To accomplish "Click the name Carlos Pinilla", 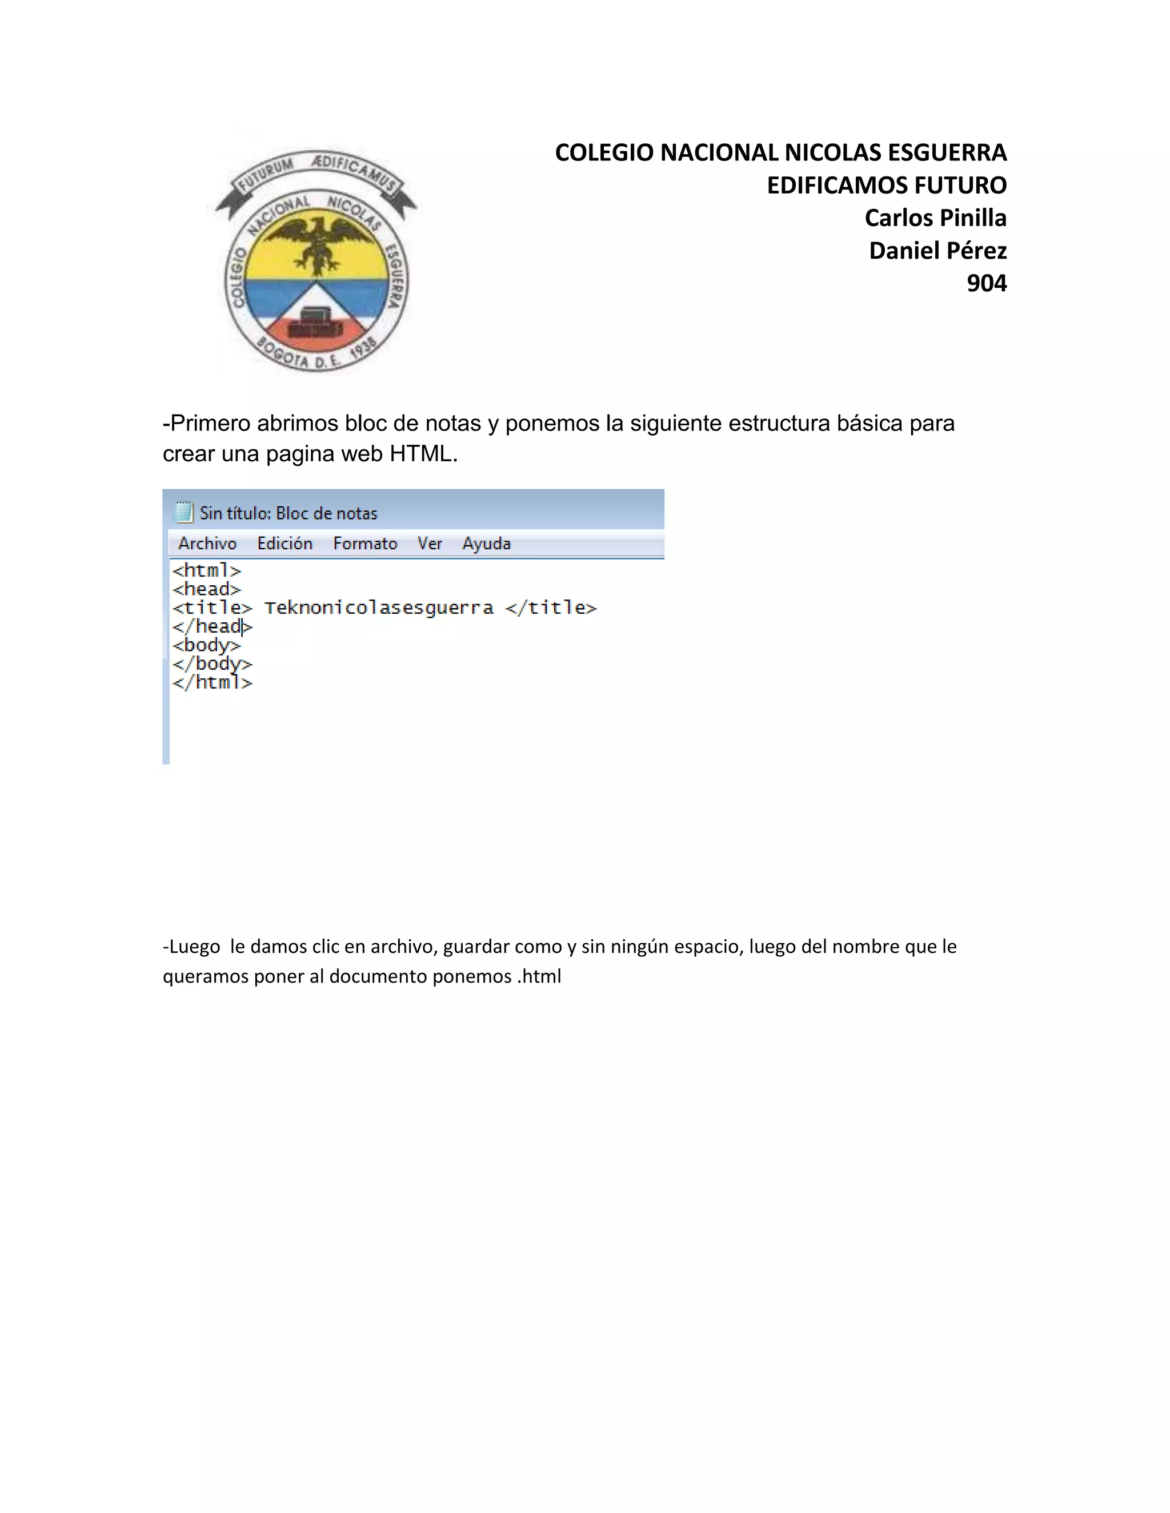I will [935, 218].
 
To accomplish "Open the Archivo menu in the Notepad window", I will [207, 544].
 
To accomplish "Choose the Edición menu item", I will [285, 544].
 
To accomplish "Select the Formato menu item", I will [364, 544].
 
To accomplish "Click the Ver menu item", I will [430, 544].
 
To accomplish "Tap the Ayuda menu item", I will [487, 544].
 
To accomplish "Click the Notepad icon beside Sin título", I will [184, 512].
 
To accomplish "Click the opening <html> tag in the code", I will [207, 571].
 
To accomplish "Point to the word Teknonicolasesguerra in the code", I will [378, 608].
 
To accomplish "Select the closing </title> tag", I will [551, 608].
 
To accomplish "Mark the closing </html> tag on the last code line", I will [212, 683].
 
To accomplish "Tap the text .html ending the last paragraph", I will [539, 976].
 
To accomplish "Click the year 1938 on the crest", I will [363, 348].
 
